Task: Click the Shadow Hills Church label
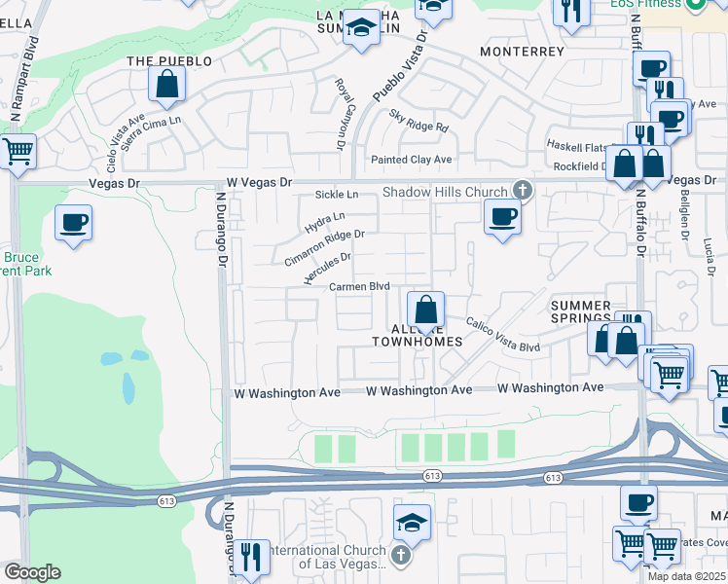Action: (x=445, y=192)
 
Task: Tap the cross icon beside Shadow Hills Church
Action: (x=523, y=191)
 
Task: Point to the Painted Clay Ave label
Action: (x=412, y=160)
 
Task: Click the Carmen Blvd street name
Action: (x=359, y=287)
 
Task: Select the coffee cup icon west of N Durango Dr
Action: (x=74, y=223)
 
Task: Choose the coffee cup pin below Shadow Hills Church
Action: (x=502, y=215)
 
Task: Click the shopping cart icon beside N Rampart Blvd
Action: (x=18, y=152)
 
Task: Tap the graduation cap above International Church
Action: (x=413, y=523)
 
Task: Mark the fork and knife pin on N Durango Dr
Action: (x=251, y=558)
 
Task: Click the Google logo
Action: (x=32, y=572)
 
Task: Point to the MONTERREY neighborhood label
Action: (x=522, y=51)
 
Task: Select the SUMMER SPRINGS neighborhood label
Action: (x=581, y=311)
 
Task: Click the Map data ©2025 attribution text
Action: (x=687, y=576)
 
